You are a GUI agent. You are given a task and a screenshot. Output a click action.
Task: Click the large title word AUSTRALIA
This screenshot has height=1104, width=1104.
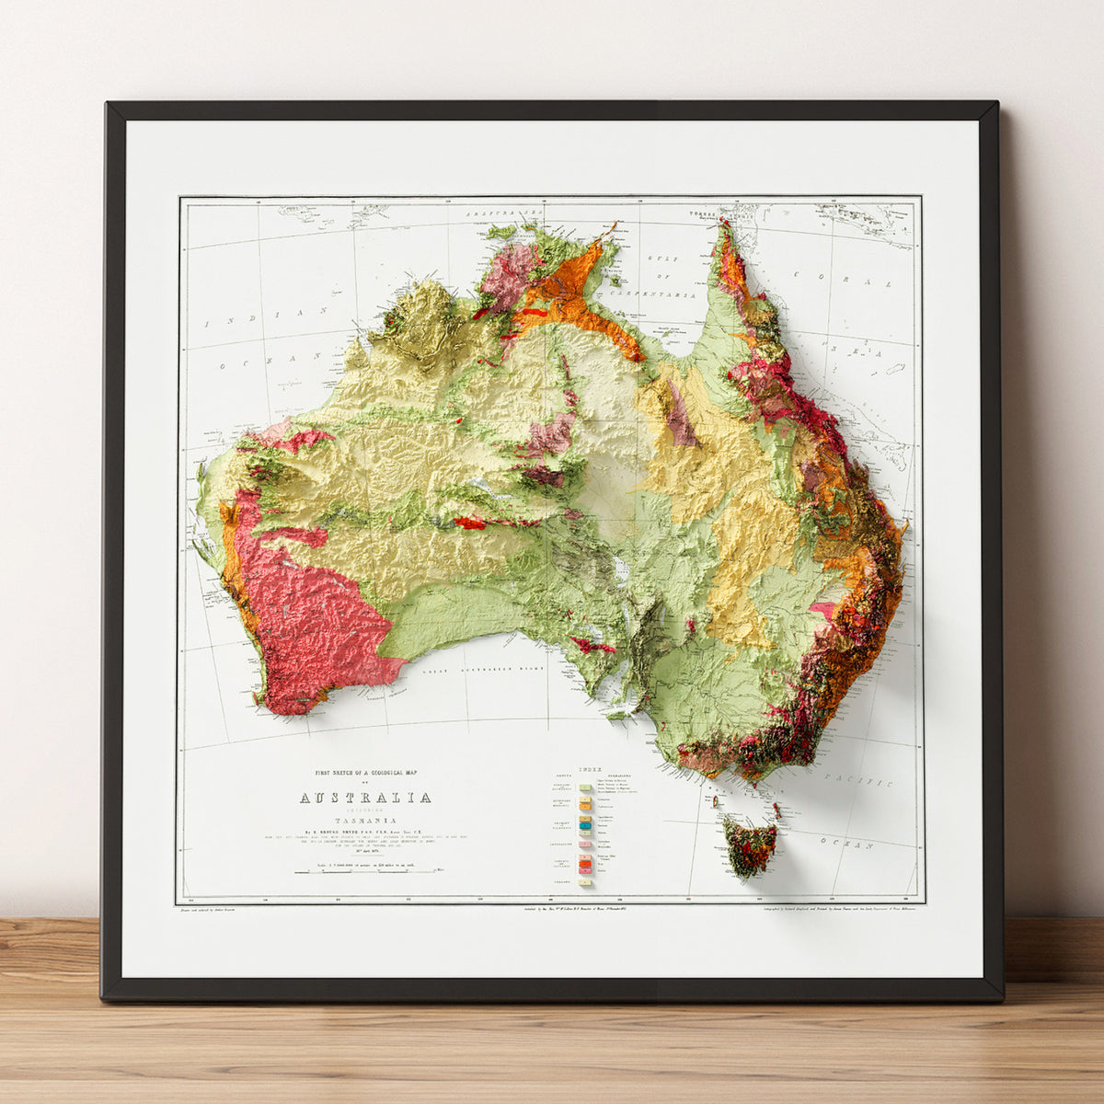[364, 798]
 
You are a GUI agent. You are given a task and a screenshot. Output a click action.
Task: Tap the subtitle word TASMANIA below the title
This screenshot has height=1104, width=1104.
[364, 819]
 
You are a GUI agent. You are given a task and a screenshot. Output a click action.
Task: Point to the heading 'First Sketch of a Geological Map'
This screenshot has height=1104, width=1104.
[364, 773]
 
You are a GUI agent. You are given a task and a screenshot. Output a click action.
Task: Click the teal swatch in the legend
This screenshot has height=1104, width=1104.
[585, 828]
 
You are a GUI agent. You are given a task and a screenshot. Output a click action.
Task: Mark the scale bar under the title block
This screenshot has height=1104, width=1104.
[366, 869]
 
